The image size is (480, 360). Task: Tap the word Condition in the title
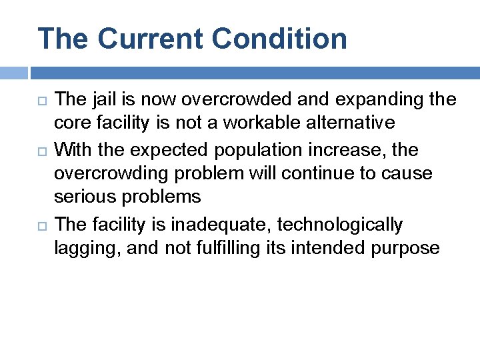coord(281,39)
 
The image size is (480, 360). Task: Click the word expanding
coord(368,100)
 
